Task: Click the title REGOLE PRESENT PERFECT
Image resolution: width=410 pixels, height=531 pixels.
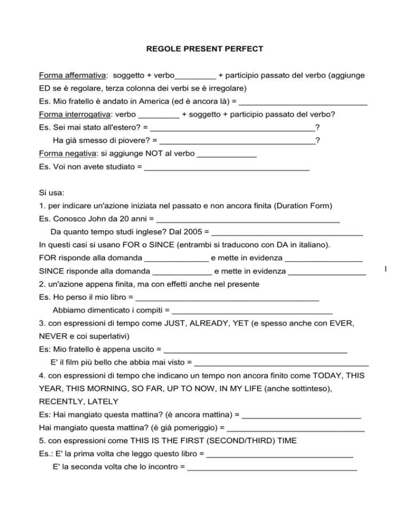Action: click(204, 49)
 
